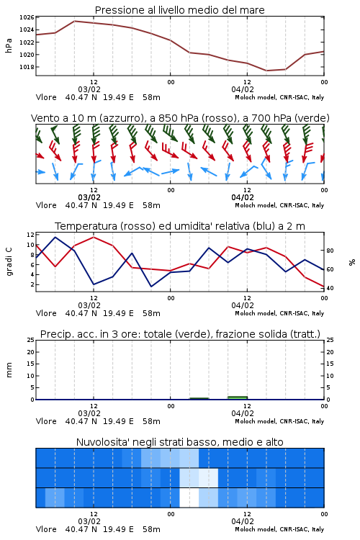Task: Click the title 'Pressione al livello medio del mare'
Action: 179,10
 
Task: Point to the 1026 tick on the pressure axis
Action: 27,17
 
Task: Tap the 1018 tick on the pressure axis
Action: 27,67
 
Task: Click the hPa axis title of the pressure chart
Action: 9,45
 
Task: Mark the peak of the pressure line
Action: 75,21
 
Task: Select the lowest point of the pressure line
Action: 266,71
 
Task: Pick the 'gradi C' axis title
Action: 9,262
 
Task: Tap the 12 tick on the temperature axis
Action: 30,235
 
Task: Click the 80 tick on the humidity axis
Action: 330,251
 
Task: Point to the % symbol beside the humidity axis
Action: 352,262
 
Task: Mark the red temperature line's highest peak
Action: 94,238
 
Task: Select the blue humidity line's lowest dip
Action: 151,287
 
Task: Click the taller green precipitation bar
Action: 238,397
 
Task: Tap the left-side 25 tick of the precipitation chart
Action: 30,340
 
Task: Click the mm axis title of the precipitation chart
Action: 9,370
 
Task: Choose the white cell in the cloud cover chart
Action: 189,498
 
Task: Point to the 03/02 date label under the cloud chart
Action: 89,521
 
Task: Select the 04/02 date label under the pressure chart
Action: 243,89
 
